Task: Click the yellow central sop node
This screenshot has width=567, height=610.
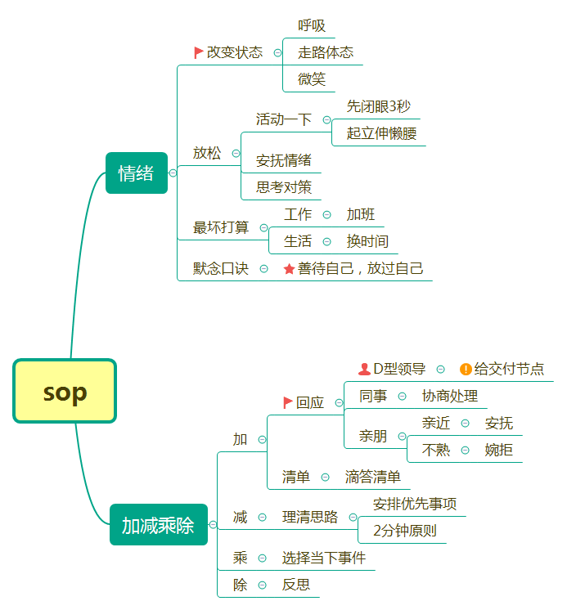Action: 65,392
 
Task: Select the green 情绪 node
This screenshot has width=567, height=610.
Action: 136,173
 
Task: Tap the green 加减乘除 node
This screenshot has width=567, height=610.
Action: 158,525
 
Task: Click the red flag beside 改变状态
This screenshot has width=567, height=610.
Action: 199,52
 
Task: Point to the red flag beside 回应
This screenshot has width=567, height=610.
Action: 288,402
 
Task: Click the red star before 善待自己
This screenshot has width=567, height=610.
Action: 289,268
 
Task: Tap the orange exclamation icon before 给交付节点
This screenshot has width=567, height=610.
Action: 466,369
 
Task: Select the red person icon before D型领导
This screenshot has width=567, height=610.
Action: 364,369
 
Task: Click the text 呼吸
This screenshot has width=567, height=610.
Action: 312,26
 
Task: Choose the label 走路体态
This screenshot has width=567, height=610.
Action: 326,52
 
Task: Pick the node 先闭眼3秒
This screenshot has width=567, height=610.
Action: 378,106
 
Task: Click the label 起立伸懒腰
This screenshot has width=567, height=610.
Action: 381,133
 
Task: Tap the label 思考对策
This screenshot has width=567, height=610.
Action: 283,186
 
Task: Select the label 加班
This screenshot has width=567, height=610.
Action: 361,214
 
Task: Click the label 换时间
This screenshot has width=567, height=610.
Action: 367,241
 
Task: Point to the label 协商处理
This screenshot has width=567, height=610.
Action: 449,396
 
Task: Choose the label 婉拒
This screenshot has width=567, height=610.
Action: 499,450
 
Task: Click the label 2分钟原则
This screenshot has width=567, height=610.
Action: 404,531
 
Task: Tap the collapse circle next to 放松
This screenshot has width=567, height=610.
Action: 236,153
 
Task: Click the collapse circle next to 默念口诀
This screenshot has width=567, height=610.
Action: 264,268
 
